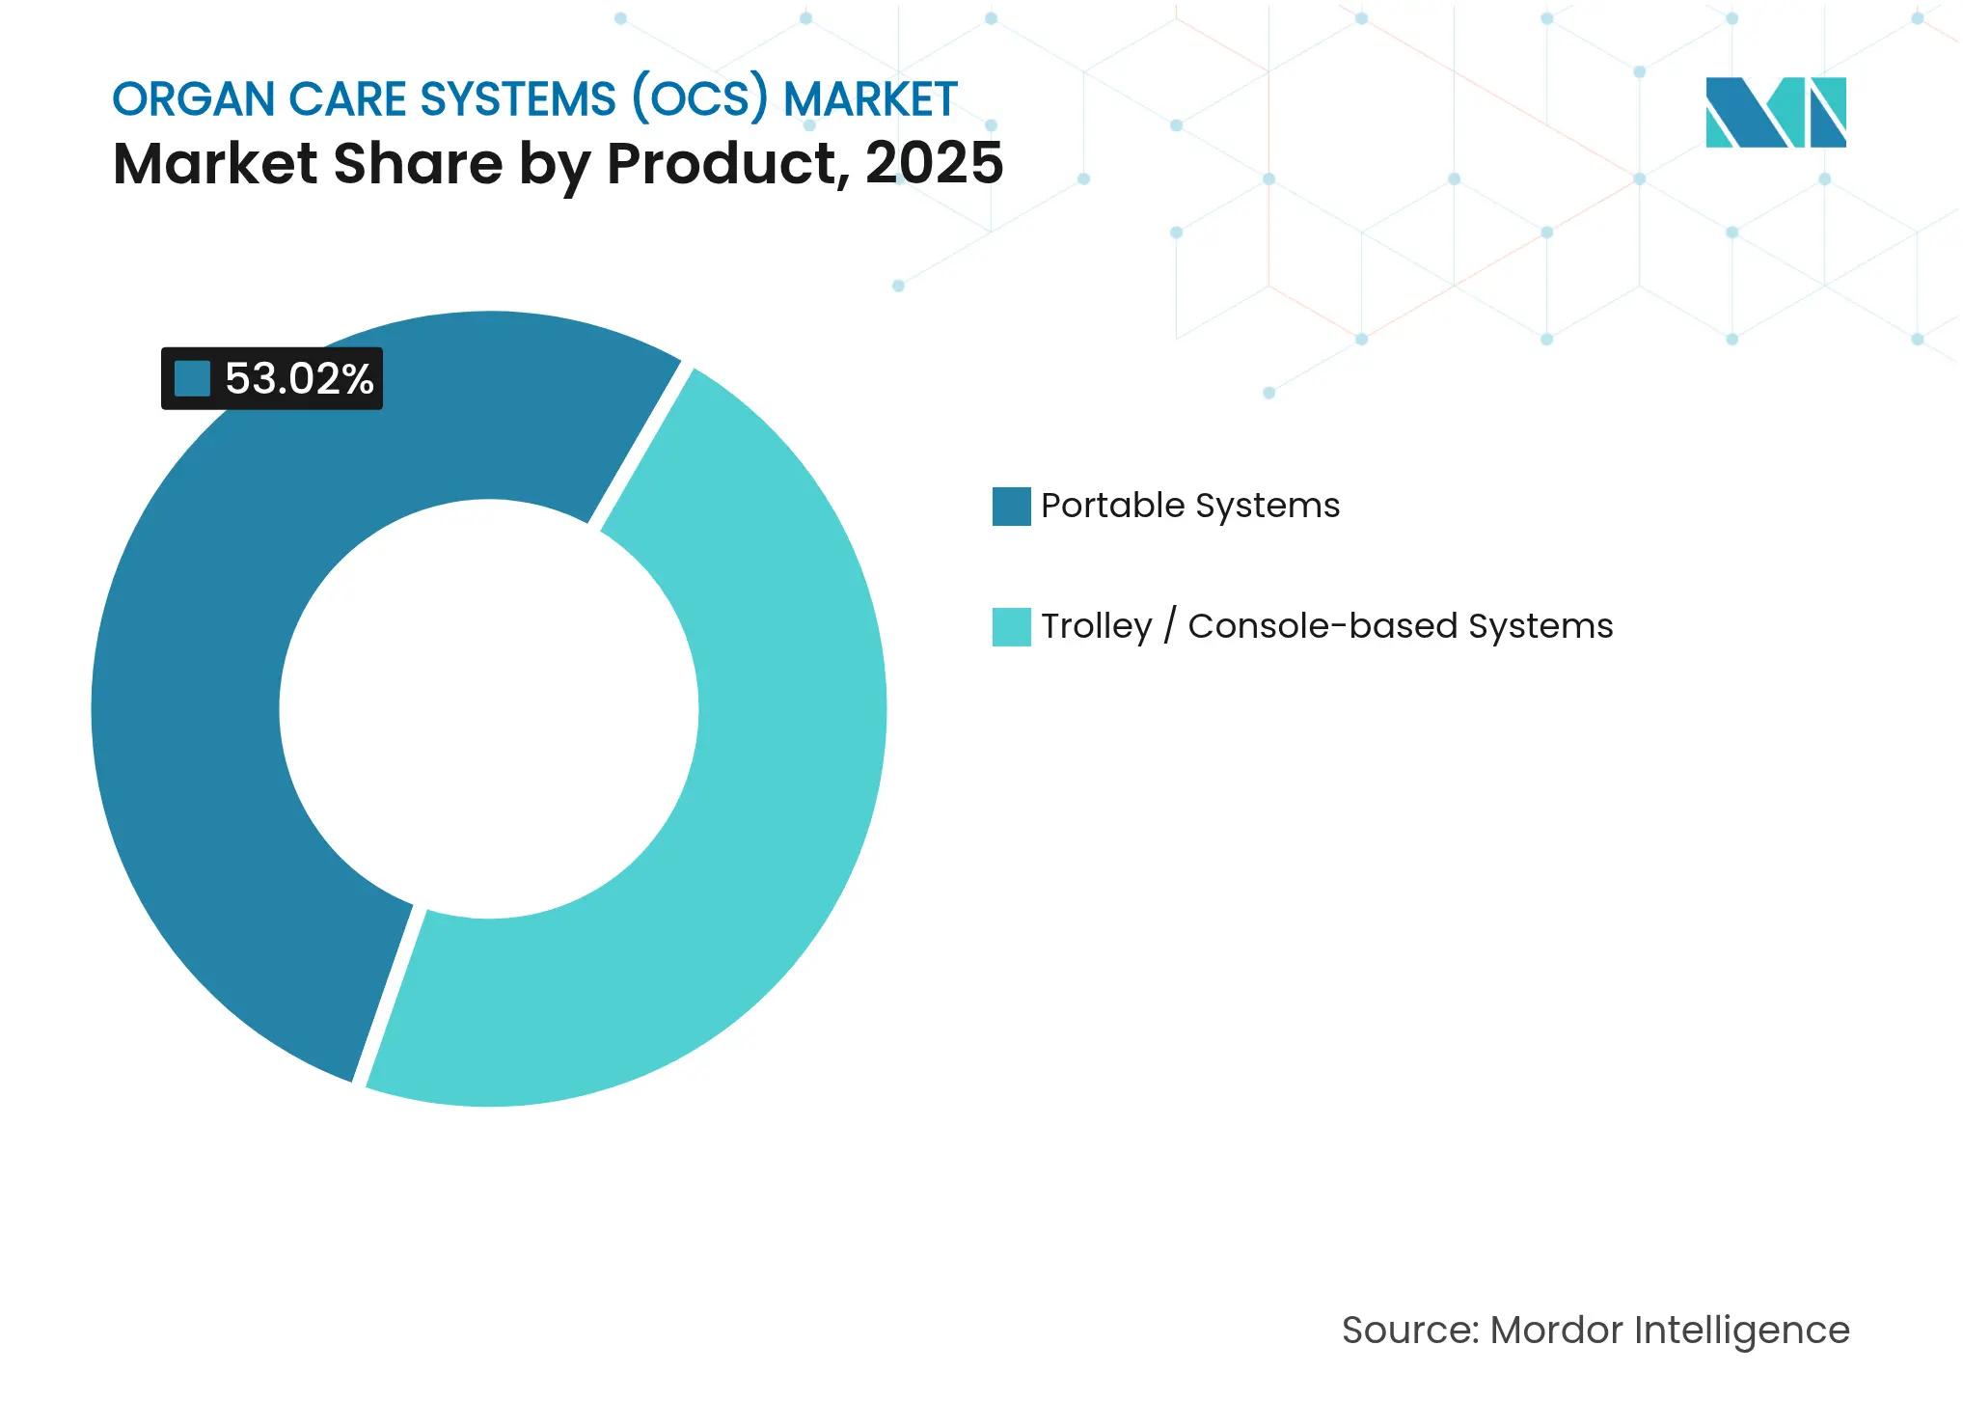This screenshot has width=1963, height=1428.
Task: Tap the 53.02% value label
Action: point(298,378)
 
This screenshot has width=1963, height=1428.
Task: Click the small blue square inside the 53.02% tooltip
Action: point(192,378)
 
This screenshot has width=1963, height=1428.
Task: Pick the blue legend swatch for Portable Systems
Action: point(1011,506)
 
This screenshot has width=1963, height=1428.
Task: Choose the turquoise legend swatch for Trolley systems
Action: point(1011,626)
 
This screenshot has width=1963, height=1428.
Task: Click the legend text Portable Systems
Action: point(1189,506)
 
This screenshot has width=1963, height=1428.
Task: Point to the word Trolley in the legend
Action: point(1096,626)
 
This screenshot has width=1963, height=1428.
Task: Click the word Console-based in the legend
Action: point(1322,626)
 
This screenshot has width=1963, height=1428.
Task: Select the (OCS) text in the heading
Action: point(699,99)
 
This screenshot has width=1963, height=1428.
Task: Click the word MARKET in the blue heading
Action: point(870,99)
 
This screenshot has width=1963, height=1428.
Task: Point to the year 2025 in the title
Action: point(934,163)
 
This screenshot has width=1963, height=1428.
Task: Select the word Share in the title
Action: point(417,163)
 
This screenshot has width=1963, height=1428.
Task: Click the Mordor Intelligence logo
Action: point(1775,112)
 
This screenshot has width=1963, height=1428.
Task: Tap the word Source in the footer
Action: point(1409,1330)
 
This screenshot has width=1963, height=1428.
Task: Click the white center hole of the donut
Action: point(489,709)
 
